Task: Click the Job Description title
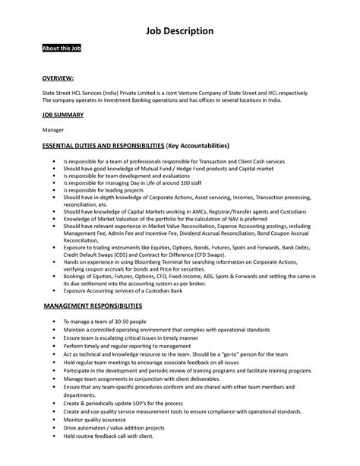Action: point(179,30)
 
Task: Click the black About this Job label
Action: point(62,49)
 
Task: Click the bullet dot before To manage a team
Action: point(54,322)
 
